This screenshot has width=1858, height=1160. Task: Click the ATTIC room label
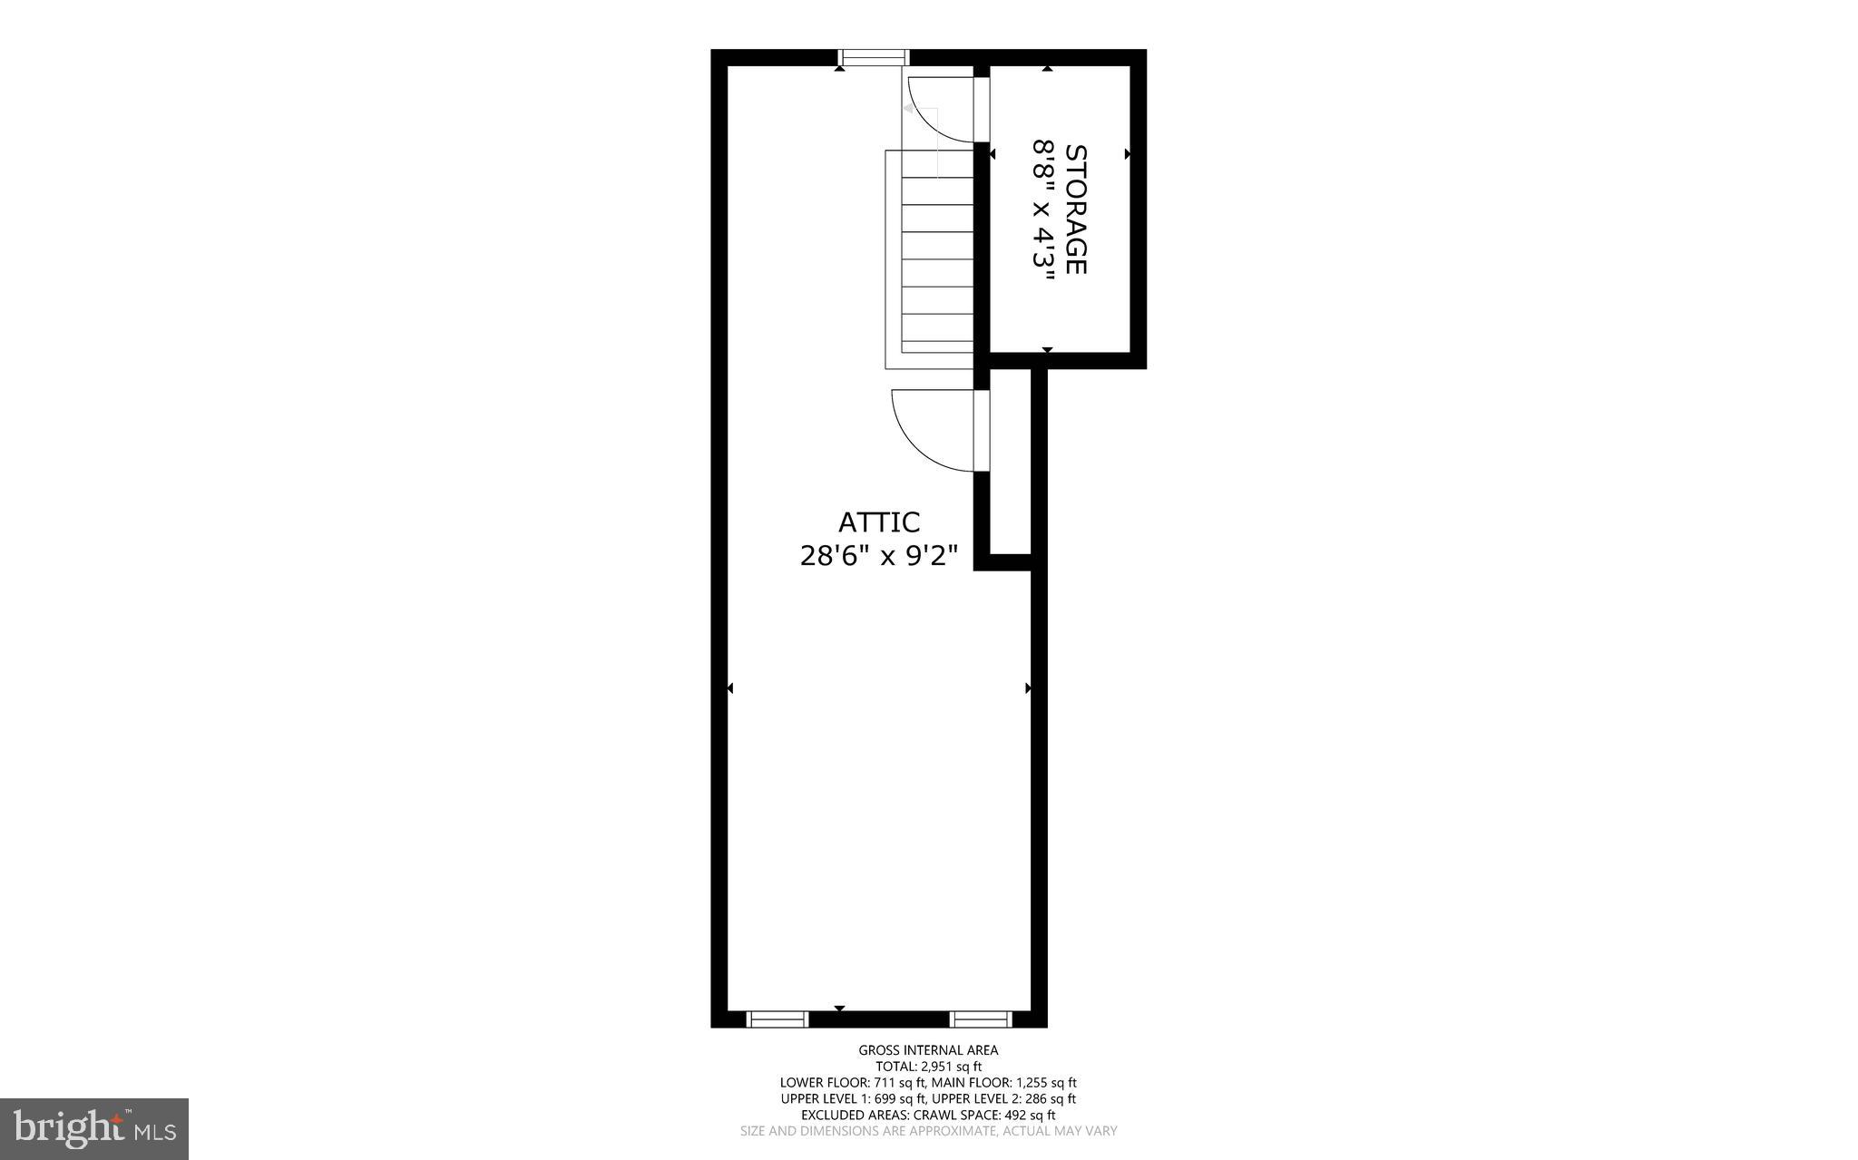click(878, 522)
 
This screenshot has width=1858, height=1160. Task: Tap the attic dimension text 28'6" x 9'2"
click(878, 555)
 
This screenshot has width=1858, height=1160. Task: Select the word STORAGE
click(1075, 209)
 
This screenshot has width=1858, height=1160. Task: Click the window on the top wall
click(874, 58)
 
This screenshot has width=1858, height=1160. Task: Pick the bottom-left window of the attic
click(777, 1019)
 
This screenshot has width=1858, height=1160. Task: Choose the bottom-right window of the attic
click(981, 1019)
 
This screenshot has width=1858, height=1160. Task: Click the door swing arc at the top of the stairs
click(934, 113)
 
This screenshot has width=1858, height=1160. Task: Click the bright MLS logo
click(94, 1128)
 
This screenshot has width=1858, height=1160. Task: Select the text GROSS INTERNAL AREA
click(928, 1050)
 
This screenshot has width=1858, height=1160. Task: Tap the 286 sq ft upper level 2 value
click(1050, 1098)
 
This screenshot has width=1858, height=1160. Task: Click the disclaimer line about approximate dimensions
click(928, 1131)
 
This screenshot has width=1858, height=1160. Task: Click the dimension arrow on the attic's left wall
click(730, 688)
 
